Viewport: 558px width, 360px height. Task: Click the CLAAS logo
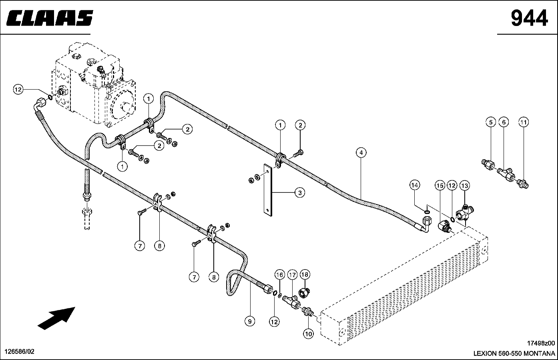(x=50, y=18)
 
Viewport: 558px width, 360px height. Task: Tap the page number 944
(x=529, y=18)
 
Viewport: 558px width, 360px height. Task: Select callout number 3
(x=300, y=193)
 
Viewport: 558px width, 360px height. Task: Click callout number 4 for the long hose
(x=361, y=152)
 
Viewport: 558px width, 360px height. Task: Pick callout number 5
(x=491, y=122)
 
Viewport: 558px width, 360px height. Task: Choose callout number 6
(x=504, y=122)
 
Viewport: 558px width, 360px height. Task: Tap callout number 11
(x=523, y=122)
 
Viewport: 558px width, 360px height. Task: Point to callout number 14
(x=415, y=185)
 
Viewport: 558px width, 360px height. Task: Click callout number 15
(x=440, y=186)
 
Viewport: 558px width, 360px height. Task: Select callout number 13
(x=464, y=186)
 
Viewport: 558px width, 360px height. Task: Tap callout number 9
(x=250, y=322)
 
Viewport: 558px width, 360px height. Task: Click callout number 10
(x=308, y=334)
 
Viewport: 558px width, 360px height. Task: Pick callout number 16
(x=279, y=275)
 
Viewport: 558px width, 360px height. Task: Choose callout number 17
(x=292, y=275)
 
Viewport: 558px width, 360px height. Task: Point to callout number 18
(x=305, y=274)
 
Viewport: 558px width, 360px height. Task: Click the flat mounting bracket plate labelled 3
(x=268, y=190)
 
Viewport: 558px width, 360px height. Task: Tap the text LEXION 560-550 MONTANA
(x=514, y=354)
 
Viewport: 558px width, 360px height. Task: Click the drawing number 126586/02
(x=20, y=352)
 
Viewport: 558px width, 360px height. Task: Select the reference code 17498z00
(x=541, y=343)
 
